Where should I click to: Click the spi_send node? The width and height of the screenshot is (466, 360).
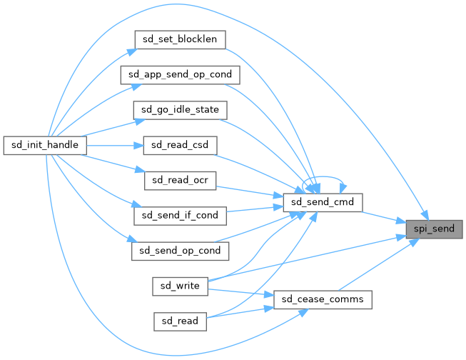click(x=435, y=229)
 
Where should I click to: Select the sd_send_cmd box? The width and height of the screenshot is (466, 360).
click(x=323, y=202)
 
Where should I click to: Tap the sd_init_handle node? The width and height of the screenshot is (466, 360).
click(x=46, y=144)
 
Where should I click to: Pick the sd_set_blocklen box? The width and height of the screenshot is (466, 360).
click(x=181, y=39)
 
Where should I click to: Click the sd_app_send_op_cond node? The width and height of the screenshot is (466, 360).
click(x=180, y=74)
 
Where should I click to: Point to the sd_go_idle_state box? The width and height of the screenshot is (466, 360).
click(x=181, y=109)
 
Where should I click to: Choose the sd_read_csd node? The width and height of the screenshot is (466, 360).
click(x=180, y=144)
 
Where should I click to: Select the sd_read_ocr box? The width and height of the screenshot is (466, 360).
click(x=180, y=179)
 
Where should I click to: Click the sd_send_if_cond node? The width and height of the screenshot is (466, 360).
click(x=180, y=214)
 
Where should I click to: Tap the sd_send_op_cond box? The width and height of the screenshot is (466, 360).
click(x=181, y=250)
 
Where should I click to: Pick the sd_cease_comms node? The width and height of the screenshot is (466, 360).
click(x=323, y=299)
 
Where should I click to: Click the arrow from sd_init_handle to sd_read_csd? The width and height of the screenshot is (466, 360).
click(x=114, y=144)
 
